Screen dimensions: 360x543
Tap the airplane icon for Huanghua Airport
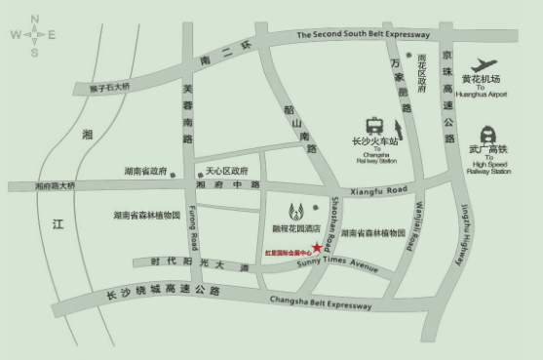click(x=483, y=64)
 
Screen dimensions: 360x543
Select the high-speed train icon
click(x=487, y=134)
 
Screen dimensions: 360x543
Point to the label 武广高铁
click(x=488, y=150)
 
